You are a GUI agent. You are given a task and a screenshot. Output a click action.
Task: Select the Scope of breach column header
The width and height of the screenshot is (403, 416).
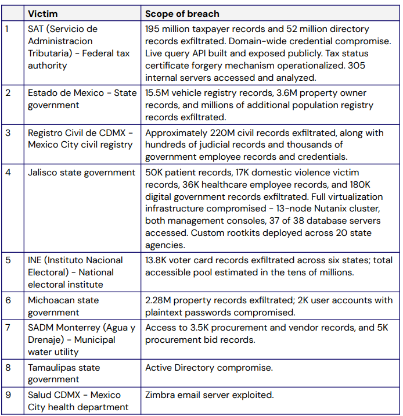coord(182,13)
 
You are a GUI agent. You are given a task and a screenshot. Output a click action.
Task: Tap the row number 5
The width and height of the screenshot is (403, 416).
coord(8,260)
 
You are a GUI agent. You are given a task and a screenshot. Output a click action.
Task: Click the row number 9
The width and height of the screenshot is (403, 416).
coord(8,395)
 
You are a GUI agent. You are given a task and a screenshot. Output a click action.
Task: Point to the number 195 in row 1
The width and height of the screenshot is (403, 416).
coord(154,29)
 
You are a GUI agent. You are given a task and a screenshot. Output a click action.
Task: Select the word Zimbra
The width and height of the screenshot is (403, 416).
coord(161,395)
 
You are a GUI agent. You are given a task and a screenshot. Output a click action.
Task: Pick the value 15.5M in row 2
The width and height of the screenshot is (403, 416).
coord(158,93)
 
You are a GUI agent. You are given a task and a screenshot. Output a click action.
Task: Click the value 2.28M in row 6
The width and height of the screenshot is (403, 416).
coord(159,300)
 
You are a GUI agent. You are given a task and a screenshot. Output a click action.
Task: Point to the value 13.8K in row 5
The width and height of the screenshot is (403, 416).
coord(158,260)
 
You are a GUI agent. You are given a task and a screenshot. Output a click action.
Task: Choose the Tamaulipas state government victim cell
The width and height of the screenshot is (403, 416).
coord(64,373)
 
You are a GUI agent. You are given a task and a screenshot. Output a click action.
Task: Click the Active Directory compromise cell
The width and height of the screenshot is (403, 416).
coord(209,368)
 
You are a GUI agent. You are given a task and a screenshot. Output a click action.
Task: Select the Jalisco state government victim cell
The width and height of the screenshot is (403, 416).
coord(81,173)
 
